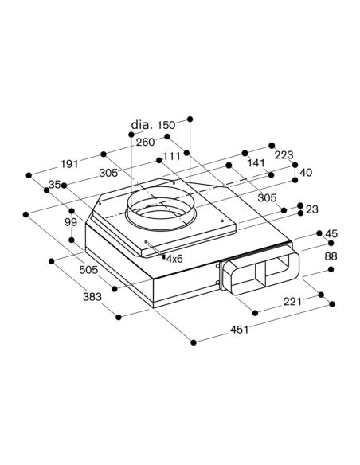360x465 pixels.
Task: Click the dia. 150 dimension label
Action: coord(153,125)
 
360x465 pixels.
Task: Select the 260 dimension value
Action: coord(145,143)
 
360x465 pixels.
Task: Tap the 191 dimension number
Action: coord(69,164)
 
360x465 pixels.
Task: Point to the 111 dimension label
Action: coord(172,156)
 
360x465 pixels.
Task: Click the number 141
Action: coord(256,162)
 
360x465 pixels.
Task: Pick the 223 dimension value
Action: coord(284,154)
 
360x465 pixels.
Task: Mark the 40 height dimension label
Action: coord(306,172)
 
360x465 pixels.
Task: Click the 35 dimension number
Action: coord(55,185)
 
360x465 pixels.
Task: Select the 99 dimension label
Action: coord(71,222)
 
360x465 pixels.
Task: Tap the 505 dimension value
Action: coord(88,270)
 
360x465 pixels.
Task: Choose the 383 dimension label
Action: coord(92,296)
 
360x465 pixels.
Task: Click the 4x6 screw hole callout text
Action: coord(174,259)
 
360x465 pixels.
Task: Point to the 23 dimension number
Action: coord(312,209)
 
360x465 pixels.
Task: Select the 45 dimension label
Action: coord(331,233)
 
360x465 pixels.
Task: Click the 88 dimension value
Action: coord(331,256)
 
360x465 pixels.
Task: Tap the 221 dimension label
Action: coord(292,302)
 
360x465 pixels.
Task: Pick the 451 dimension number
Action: coord(239,329)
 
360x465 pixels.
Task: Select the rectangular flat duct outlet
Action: coord(260,273)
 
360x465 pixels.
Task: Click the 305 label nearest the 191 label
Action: coord(108,173)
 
